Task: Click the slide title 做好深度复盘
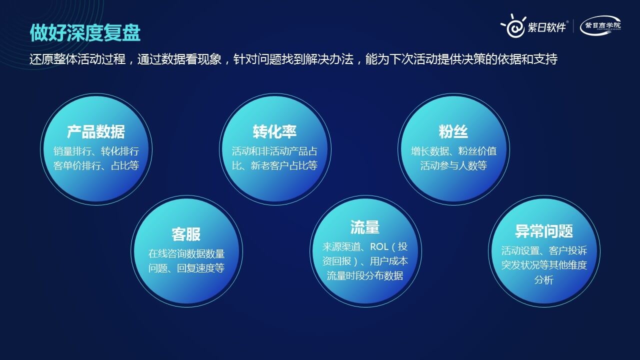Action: click(85, 32)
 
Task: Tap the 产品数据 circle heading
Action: click(96, 132)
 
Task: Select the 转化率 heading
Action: click(275, 132)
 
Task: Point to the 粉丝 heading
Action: click(453, 132)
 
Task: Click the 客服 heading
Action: click(186, 234)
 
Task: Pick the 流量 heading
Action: click(365, 227)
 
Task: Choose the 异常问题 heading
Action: click(544, 231)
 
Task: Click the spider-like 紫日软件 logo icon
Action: click(513, 26)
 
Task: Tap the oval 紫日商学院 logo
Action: click(600, 25)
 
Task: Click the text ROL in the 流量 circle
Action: click(379, 246)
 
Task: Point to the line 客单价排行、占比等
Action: click(96, 165)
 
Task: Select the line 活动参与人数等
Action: click(453, 165)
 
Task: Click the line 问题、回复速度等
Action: click(186, 268)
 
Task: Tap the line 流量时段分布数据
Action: click(365, 275)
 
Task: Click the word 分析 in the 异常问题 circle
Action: click(544, 279)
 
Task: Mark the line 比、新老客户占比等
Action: click(275, 165)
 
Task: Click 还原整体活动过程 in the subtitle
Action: click(77, 59)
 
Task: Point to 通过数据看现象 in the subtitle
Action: click(179, 59)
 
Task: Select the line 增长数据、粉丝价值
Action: click(453, 151)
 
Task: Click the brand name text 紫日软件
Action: click(547, 27)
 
